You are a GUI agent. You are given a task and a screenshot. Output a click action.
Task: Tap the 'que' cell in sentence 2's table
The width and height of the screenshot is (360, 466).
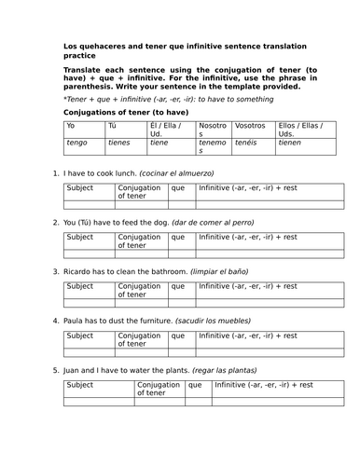[x=177, y=238]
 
